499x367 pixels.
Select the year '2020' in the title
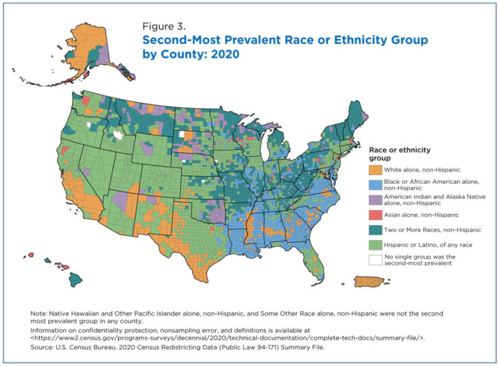(224, 54)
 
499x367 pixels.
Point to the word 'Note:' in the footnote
(39, 313)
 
